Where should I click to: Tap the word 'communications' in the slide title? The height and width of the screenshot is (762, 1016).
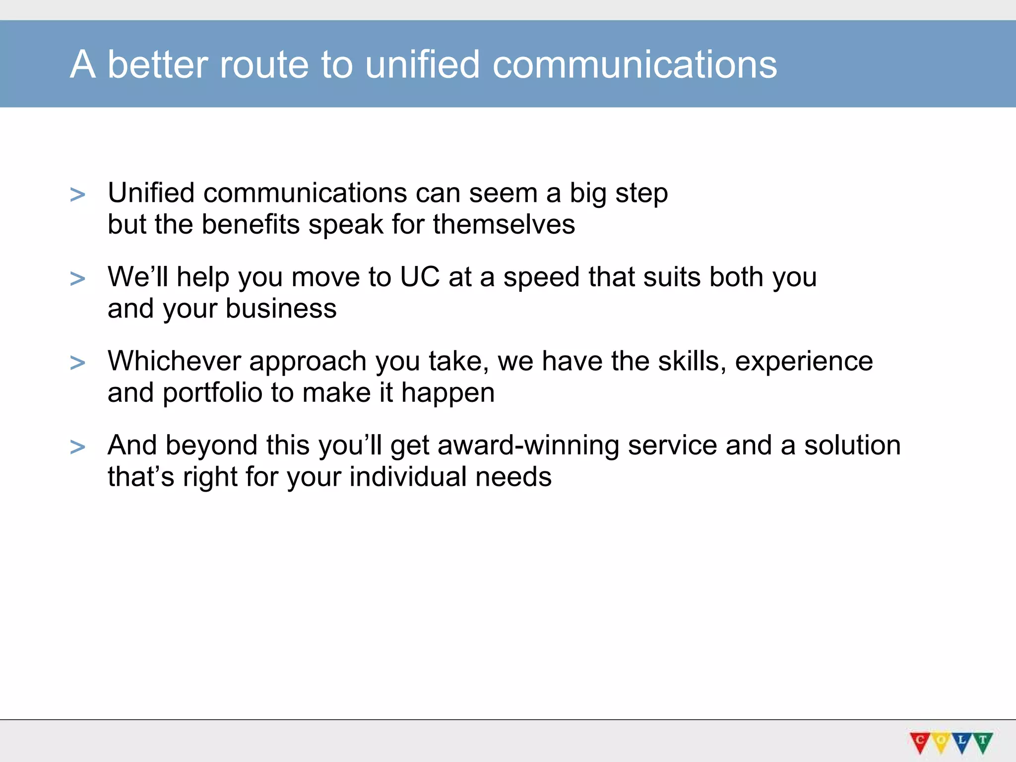coord(635,64)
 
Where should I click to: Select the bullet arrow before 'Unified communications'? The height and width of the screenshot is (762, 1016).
coord(77,194)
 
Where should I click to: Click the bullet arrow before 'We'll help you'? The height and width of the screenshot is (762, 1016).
coord(77,279)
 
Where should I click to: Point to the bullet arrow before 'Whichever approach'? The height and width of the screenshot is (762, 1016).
coord(77,363)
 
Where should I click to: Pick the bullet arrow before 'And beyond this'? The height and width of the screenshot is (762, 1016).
coord(77,447)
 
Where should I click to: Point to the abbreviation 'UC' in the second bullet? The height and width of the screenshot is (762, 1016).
coord(420,277)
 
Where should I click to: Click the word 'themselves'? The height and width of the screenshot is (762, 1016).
coord(504,224)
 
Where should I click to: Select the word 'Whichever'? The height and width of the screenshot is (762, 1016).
coord(174,361)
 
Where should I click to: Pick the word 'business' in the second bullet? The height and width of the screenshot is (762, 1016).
coord(281,309)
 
